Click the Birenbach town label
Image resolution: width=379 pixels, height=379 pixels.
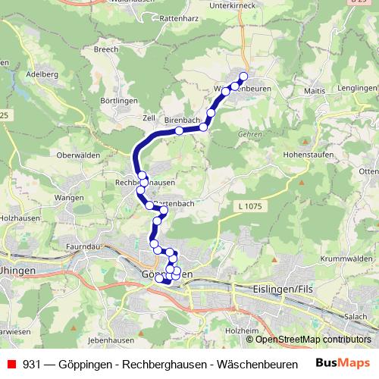[x=180, y=120]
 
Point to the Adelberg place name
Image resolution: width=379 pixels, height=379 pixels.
[x=42, y=75]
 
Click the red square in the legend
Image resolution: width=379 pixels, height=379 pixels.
[x=11, y=363]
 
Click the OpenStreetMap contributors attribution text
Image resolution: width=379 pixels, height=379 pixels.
[x=312, y=340]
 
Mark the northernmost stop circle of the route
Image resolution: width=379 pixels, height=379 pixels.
[x=243, y=76]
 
